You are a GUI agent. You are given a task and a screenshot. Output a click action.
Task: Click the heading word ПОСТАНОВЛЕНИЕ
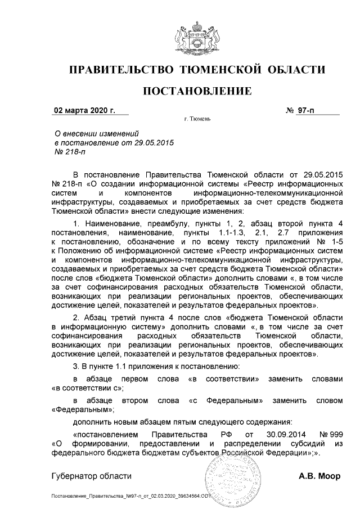point(196,91)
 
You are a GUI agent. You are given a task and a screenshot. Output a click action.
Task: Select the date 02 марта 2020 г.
point(84,110)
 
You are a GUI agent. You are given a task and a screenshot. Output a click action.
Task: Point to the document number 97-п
point(307,110)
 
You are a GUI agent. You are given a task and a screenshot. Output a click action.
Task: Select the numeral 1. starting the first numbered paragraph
point(76,223)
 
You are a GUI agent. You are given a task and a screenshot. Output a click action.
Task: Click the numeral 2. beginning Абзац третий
point(76,318)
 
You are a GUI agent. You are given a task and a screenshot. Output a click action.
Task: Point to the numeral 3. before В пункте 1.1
point(76,367)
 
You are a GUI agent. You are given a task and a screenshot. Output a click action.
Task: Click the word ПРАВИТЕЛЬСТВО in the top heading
point(120,70)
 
